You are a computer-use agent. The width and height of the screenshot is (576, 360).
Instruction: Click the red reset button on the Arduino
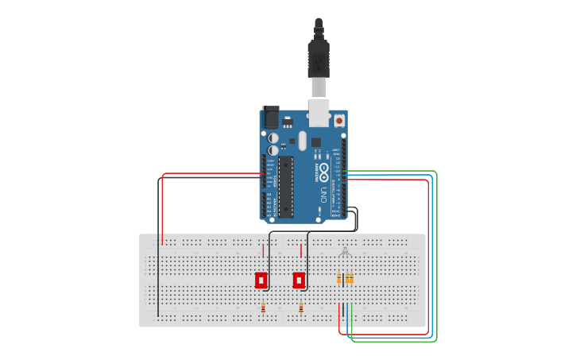[x=339, y=121]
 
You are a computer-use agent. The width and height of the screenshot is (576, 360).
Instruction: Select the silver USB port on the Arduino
[x=319, y=112]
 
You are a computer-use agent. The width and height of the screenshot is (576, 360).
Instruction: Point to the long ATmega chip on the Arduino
[x=286, y=187]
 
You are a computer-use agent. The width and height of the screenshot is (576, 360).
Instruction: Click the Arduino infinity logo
[x=323, y=173]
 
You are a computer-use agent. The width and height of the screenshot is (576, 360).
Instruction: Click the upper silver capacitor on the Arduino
[x=273, y=137]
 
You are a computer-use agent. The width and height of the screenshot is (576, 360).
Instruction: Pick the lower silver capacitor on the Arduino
[x=273, y=149]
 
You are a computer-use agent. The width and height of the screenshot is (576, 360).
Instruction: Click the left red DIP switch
[x=261, y=280]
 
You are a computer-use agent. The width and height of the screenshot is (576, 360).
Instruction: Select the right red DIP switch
[x=299, y=280]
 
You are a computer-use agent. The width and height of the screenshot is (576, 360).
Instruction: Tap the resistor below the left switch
[x=263, y=308]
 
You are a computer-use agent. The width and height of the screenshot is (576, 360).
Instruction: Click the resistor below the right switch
[x=301, y=308]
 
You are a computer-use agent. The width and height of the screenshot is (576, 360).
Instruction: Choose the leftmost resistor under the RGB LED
[x=339, y=278]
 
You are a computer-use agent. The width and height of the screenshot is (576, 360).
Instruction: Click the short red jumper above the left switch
[x=263, y=250]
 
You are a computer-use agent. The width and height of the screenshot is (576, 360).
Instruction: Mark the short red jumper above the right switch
[x=301, y=250]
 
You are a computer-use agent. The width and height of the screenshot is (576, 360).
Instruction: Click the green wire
[x=436, y=254]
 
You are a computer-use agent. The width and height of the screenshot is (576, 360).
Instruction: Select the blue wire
[x=432, y=254]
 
